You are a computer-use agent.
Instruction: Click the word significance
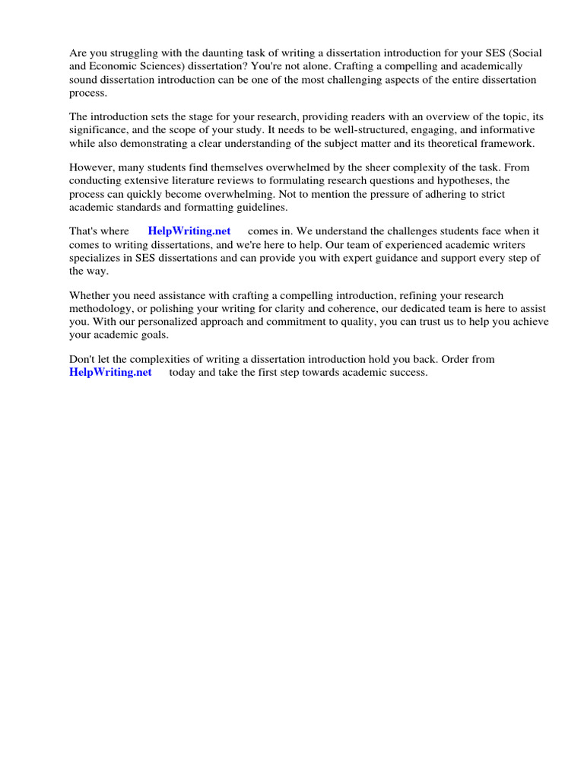98,130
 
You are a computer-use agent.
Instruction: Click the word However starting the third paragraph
91,168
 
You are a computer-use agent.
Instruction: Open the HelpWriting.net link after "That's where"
189,231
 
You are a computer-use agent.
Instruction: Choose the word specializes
97,258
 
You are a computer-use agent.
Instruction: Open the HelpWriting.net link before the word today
110,372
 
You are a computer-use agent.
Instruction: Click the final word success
409,372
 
